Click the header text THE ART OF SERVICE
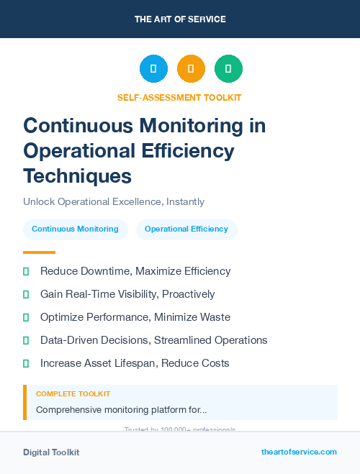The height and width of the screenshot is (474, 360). point(180,19)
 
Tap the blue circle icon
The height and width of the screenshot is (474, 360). point(153,69)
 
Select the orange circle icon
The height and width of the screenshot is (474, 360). point(191,69)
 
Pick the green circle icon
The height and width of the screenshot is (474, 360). point(228,69)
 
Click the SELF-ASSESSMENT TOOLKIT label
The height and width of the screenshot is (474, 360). point(179,97)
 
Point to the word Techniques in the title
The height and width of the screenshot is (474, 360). point(78,176)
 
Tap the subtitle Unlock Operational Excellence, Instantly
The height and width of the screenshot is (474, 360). point(114,202)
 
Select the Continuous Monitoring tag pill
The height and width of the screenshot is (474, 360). point(75,229)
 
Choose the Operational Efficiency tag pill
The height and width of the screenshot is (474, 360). point(186,229)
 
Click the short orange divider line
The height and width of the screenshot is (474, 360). point(39,252)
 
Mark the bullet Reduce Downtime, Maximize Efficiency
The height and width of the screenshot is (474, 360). point(135,271)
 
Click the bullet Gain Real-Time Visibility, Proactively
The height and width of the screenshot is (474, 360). point(127,294)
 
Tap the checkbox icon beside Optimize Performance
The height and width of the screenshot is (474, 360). point(26,317)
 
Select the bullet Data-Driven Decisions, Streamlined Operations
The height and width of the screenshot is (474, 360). point(153,340)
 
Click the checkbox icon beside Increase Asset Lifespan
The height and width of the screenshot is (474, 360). point(26,363)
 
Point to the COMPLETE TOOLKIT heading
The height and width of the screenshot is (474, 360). point(73,394)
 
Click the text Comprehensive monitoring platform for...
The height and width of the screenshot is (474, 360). point(122,409)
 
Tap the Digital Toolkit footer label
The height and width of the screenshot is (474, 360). point(51,452)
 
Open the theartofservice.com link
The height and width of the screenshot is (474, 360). point(299,452)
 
